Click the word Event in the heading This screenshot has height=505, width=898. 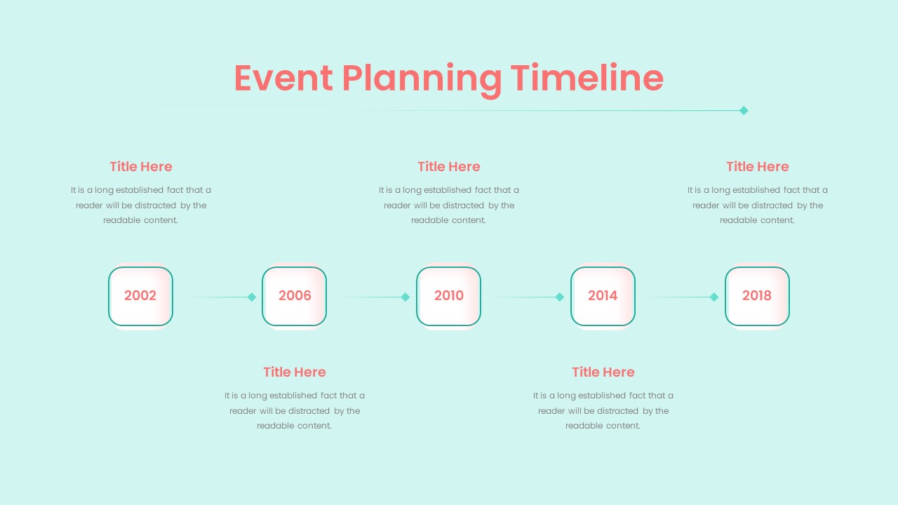point(283,78)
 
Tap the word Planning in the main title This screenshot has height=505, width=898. point(422,80)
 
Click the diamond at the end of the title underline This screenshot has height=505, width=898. point(744,111)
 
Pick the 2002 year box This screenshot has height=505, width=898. point(140,296)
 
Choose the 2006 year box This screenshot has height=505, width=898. point(294,296)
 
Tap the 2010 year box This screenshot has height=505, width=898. point(448,296)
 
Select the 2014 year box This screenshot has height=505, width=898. point(603,296)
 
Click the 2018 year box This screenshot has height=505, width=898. point(757,296)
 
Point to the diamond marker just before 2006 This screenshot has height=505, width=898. point(251,297)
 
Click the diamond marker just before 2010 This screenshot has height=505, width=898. point(406,297)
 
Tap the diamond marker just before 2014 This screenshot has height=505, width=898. point(560,297)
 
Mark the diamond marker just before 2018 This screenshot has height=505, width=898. point(714,297)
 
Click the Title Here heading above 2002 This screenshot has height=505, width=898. point(141,166)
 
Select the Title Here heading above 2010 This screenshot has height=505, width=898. point(448,166)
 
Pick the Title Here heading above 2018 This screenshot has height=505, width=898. point(757,166)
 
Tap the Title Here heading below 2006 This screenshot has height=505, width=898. point(294,372)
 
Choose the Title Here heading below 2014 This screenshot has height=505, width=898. point(603,372)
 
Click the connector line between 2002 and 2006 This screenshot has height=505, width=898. point(213,297)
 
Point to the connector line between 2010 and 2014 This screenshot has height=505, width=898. point(521,297)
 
